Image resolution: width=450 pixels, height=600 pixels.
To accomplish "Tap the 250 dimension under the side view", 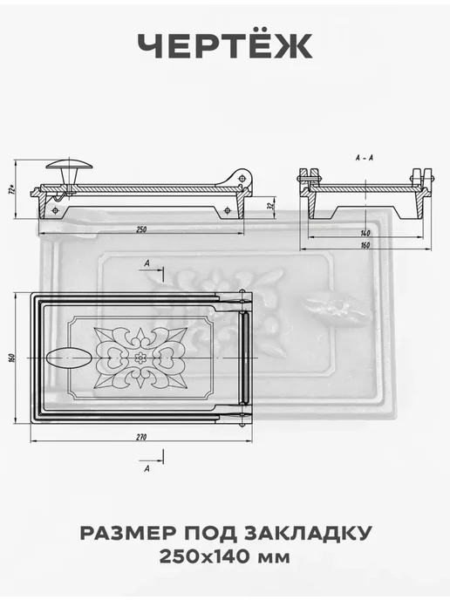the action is (141, 229).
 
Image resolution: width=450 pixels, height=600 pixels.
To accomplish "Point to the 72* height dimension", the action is (12, 189).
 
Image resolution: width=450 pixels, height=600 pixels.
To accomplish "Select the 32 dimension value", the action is (271, 206).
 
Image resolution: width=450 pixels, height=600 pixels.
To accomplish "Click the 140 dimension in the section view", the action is (365, 233).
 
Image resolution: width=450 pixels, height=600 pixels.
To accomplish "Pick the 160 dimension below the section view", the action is (365, 245).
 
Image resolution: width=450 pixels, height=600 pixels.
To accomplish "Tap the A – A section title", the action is (365, 158).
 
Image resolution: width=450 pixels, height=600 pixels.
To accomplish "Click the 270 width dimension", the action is (141, 437).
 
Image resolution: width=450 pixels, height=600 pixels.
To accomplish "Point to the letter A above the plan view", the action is (147, 263).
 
